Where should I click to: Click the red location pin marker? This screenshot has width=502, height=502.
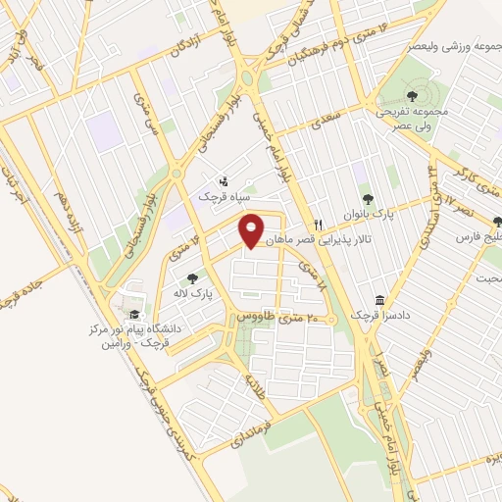coord(252,230)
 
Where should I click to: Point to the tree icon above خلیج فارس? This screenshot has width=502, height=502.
coord(494,222)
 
